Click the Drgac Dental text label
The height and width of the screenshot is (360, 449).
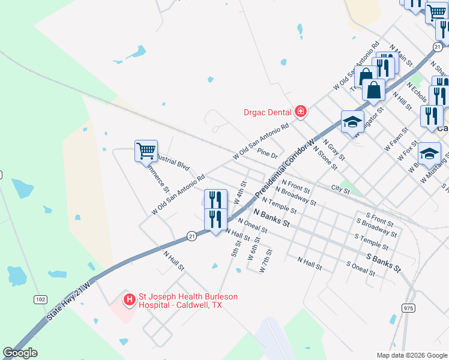click(267, 112)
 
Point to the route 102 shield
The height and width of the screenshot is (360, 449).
click(40, 299)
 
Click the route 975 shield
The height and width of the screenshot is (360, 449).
click(408, 308)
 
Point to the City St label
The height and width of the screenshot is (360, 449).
click(340, 189)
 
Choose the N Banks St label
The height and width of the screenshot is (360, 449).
click(271, 217)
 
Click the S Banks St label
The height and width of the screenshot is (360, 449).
click(382, 263)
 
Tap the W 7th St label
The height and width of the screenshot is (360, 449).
click(266, 260)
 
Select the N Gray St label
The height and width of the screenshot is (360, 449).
click(334, 151)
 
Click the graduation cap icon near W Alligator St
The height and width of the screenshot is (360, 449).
click(352, 122)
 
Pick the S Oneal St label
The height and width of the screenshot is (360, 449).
click(361, 268)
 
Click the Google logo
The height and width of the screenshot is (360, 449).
click(20, 353)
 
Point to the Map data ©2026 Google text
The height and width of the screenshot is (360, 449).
click(411, 354)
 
